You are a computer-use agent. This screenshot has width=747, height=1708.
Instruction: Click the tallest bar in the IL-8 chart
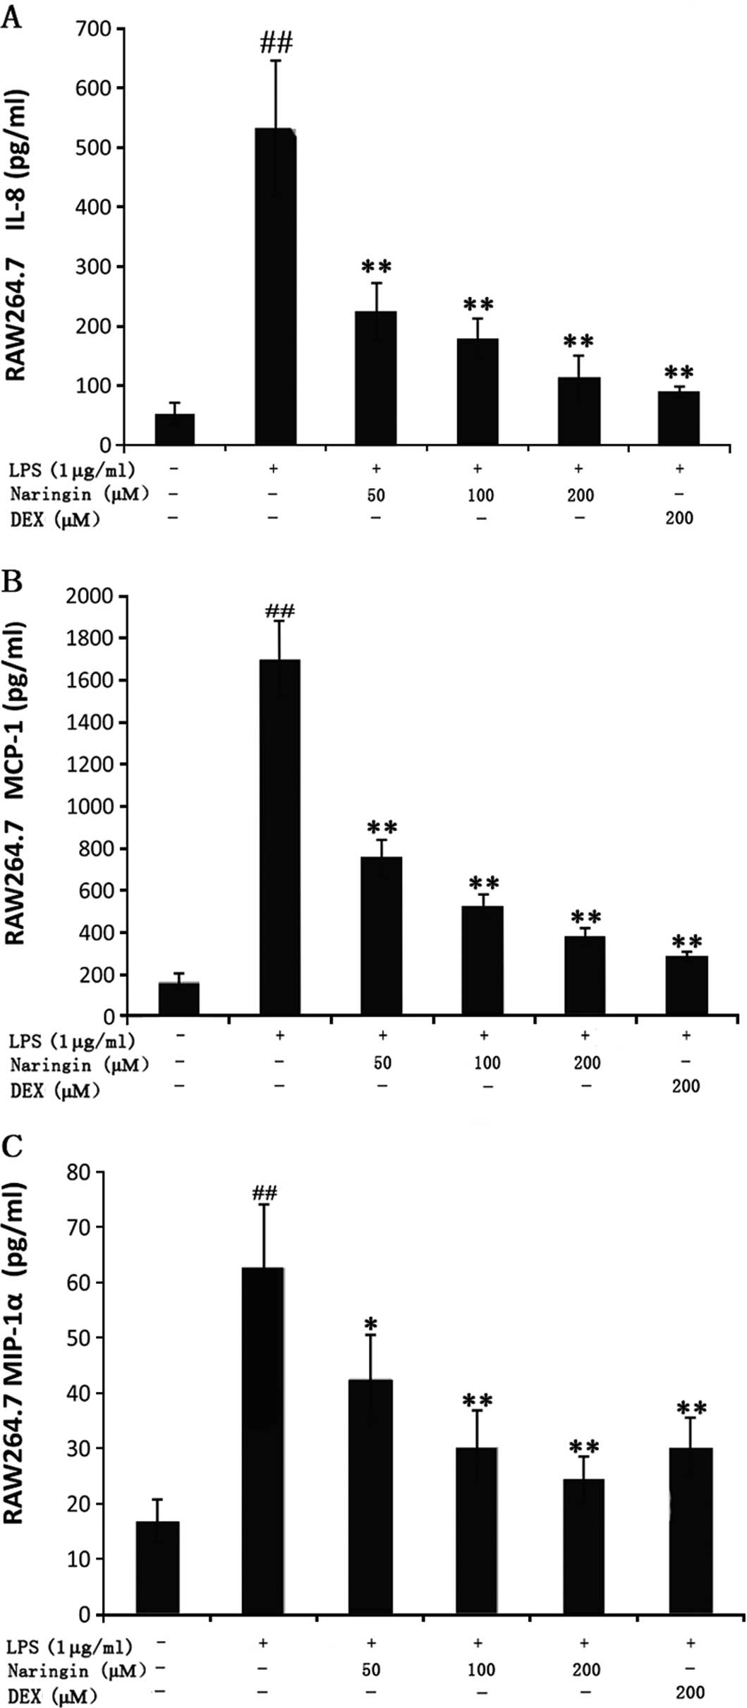pyautogui.click(x=276, y=286)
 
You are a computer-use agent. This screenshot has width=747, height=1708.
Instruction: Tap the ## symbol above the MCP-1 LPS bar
pyautogui.click(x=279, y=611)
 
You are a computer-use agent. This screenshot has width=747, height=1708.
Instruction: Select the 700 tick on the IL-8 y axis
pyautogui.click(x=95, y=29)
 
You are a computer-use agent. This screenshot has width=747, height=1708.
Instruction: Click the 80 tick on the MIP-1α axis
pyautogui.click(x=78, y=1172)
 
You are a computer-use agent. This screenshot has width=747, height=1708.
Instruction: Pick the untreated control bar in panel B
pyautogui.click(x=179, y=998)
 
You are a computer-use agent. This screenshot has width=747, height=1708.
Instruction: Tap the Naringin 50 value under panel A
pyautogui.click(x=376, y=495)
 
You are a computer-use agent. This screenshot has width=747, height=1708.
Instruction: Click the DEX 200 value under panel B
pyautogui.click(x=686, y=1086)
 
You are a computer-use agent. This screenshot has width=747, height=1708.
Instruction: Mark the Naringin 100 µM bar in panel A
pyautogui.click(x=478, y=392)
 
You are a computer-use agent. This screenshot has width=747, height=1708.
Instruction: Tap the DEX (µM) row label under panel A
pyautogui.click(x=55, y=520)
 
